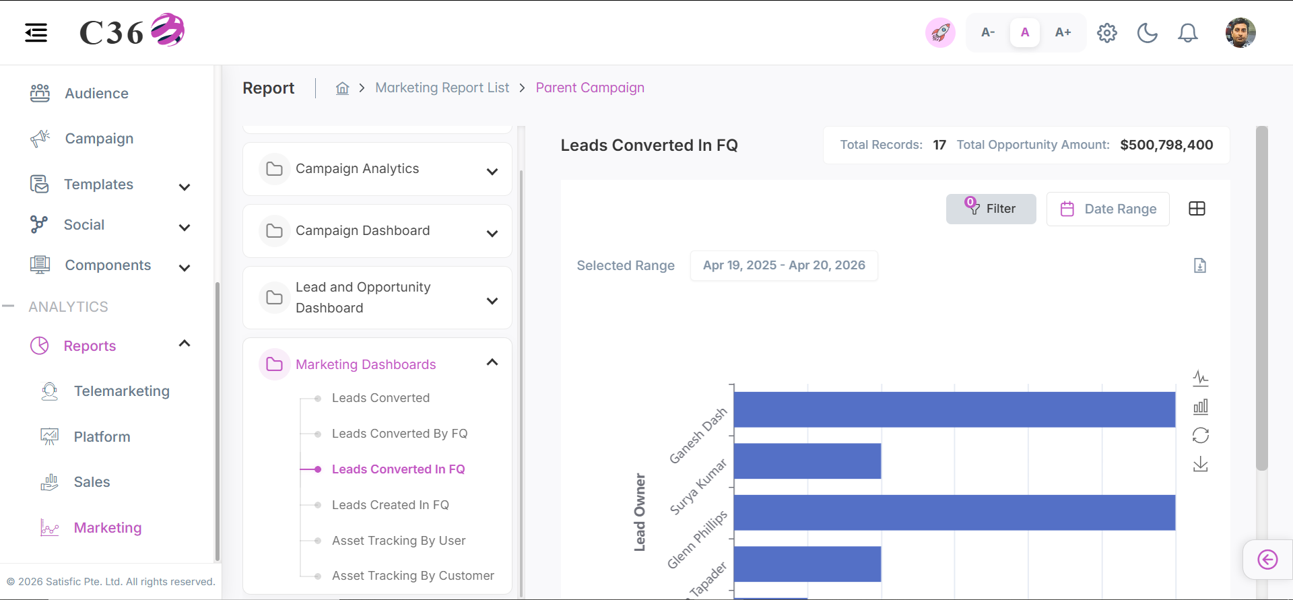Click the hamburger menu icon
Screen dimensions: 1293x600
(x=36, y=32)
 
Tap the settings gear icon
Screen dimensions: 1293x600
(x=1106, y=32)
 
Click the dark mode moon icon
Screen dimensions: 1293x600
(x=1147, y=32)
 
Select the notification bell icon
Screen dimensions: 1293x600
(x=1187, y=32)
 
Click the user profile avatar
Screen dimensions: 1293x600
(x=1240, y=32)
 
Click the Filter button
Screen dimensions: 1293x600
(x=991, y=209)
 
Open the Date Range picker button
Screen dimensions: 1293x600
(x=1108, y=209)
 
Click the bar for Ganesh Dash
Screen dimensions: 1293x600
(x=954, y=409)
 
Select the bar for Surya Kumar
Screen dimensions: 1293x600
(x=807, y=461)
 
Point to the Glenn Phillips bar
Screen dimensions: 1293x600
(x=954, y=512)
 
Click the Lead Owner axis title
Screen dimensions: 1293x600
(x=640, y=512)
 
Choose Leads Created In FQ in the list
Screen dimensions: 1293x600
(x=391, y=505)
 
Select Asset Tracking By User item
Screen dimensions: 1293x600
(x=399, y=541)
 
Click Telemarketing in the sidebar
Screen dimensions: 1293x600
(x=121, y=391)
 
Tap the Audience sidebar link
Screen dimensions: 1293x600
(x=96, y=94)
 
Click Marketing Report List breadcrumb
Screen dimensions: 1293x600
(x=442, y=88)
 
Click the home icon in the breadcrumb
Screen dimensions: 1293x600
(x=343, y=88)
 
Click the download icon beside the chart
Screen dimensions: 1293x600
(x=1201, y=465)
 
